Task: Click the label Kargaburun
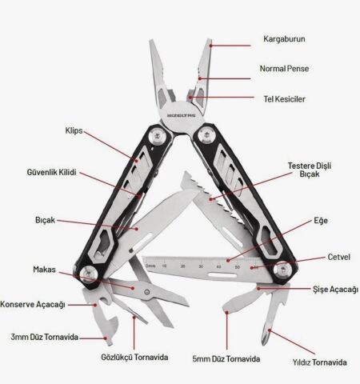pos(284,39)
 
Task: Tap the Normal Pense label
pos(284,69)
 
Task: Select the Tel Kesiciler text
pos(284,99)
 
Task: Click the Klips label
pos(74,130)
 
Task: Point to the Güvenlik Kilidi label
pos(51,172)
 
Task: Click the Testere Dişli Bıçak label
pos(310,170)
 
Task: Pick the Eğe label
pos(321,221)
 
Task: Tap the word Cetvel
pos(338,257)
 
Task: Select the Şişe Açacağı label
pos(335,290)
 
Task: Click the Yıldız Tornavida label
pos(319,362)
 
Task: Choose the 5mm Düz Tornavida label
pos(226,359)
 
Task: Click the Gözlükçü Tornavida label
pos(134,357)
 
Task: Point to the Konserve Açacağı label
pos(33,304)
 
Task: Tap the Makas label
pos(44,270)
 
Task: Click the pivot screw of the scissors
pos(147,292)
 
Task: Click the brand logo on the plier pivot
pos(182,115)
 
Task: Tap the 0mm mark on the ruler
pos(150,266)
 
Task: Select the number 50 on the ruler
pos(237,267)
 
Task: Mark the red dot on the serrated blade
pos(210,199)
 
